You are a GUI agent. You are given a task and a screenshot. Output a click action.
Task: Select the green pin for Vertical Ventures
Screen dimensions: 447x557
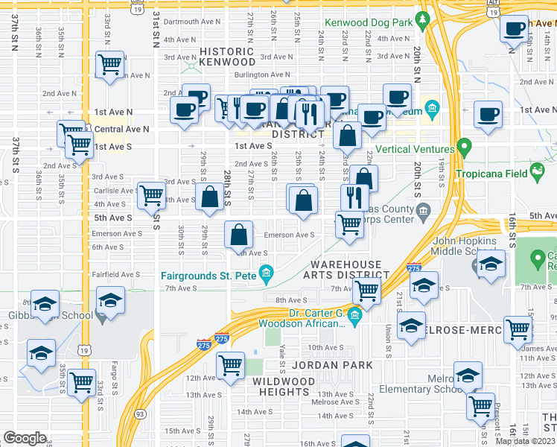(465, 147)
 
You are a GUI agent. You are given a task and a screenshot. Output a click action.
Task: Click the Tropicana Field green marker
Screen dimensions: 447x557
(536, 175)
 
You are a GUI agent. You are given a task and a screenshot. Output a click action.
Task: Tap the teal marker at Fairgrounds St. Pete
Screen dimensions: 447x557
(267, 277)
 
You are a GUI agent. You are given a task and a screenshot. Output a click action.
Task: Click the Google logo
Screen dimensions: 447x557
(25, 437)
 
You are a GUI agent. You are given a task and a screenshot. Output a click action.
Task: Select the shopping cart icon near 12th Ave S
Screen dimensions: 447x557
(231, 365)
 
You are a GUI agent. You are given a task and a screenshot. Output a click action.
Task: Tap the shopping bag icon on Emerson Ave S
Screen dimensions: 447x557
(238, 235)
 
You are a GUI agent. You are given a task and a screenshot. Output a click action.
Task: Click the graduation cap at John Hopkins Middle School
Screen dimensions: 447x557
(491, 264)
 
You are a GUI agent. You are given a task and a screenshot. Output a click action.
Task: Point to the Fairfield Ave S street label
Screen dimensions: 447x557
(115, 274)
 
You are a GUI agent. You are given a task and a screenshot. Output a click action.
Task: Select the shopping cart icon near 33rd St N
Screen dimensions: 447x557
(110, 66)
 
